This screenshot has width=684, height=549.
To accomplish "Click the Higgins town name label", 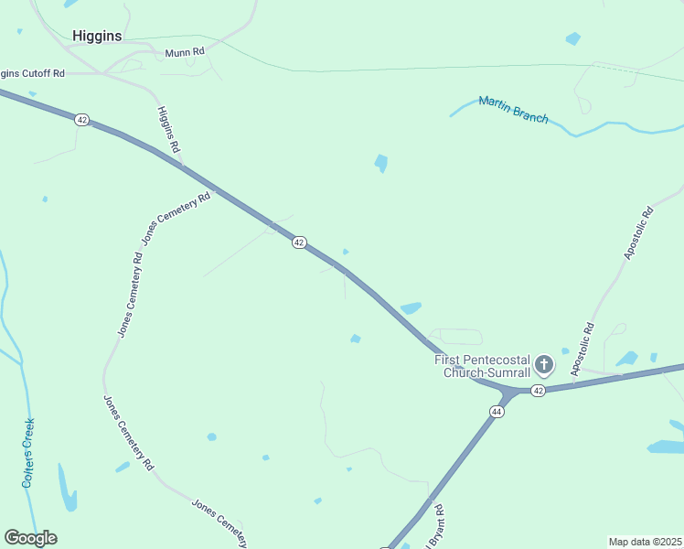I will [97, 36].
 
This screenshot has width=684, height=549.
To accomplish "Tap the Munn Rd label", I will [185, 53].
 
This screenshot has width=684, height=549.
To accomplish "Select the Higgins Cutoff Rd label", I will [33, 73].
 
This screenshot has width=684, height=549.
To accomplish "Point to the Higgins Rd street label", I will [168, 129].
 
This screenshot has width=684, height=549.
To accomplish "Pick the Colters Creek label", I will [29, 451].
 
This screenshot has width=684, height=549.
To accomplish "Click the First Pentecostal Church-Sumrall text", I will [482, 366].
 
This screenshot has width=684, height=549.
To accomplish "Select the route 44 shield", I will [497, 412].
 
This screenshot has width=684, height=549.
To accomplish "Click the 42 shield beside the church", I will [539, 391].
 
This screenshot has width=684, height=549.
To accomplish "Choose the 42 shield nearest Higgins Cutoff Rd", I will [82, 120].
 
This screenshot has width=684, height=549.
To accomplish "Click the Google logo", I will [30, 538].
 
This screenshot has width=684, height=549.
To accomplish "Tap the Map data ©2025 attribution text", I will [646, 542].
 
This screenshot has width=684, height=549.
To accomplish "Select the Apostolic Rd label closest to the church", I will [582, 349].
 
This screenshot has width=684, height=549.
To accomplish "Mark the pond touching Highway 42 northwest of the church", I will [411, 308].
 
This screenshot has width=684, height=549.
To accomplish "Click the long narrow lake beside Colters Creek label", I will [67, 489].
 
